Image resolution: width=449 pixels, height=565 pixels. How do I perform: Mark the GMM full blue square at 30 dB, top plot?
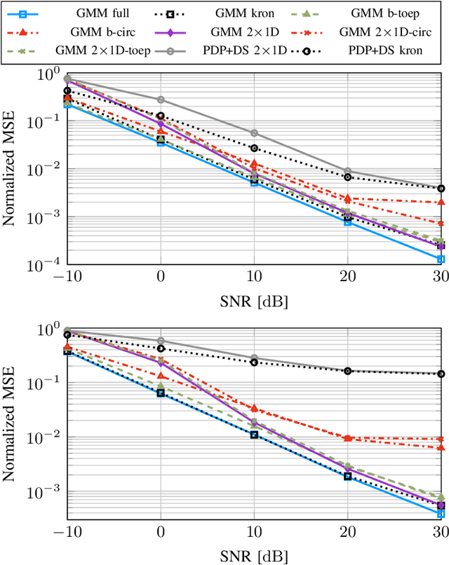[x=441, y=259]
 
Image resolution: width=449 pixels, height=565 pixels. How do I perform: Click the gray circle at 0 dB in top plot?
[x=161, y=100]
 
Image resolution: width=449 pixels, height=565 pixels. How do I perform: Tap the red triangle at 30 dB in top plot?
[x=441, y=202]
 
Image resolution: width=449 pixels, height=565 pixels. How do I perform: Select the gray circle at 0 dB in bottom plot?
[x=161, y=341]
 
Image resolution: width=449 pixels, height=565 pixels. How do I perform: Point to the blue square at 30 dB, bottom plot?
[x=441, y=514]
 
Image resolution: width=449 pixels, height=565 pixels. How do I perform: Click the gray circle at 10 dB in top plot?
[x=254, y=132]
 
